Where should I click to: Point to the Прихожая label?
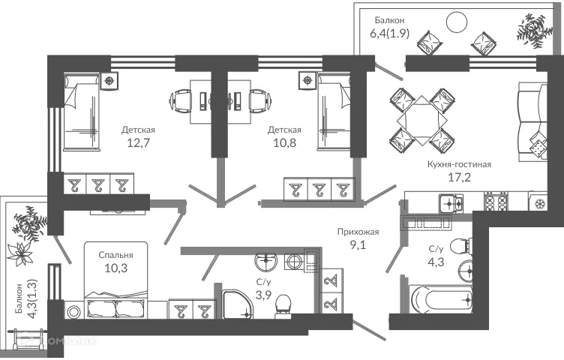click(x=358, y=232)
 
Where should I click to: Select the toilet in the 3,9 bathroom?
click(x=283, y=303)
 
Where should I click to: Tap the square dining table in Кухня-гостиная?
click(x=420, y=118)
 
